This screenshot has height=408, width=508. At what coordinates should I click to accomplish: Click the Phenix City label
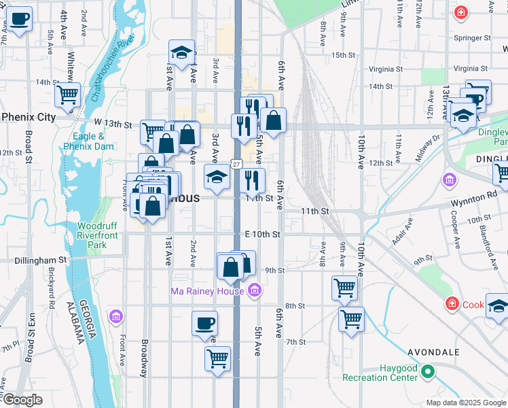29,117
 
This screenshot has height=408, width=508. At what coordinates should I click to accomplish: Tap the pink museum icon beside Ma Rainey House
254,290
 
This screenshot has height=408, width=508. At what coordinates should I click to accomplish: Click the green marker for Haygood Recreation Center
427,371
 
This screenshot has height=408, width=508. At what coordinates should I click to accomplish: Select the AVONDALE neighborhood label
433,352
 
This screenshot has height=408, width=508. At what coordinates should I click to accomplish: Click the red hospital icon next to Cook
452,303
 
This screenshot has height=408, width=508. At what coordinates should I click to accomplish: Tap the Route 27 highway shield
236,164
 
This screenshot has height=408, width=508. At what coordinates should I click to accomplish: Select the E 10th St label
262,234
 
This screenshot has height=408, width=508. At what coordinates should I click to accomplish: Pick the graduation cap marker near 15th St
182,52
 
